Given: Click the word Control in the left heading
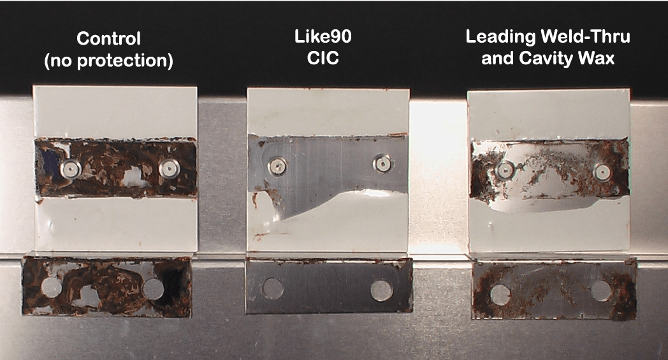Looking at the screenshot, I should [x=108, y=38].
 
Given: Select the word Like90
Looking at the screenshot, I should [x=328, y=37].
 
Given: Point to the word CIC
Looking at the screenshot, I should [x=328, y=59].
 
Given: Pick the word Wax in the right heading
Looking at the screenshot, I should [x=597, y=59].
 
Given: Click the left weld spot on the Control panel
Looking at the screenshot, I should [x=70, y=168].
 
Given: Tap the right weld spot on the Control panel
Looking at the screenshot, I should [x=168, y=168].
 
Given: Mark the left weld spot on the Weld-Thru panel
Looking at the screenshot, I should [x=505, y=169].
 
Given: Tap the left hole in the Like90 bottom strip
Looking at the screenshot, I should [x=273, y=289].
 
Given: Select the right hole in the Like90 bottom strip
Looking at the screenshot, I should [x=381, y=291].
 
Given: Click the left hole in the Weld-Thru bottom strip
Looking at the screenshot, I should [x=500, y=294].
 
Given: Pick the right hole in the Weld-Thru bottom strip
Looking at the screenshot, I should [x=600, y=291].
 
